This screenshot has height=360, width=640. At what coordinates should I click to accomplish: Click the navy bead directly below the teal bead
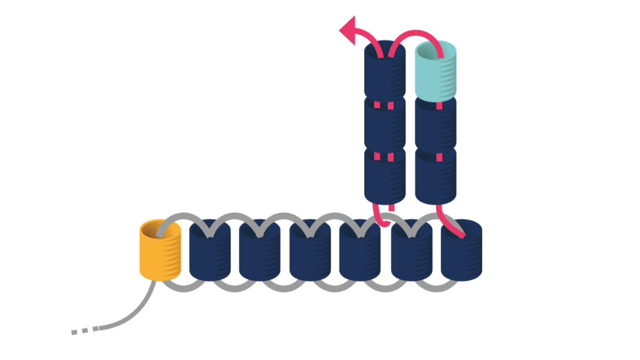pyautogui.click(x=436, y=125)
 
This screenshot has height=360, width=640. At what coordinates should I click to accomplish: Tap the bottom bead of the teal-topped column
pyautogui.click(x=436, y=179)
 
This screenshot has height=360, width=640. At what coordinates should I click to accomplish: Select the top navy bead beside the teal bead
pyautogui.click(x=385, y=72)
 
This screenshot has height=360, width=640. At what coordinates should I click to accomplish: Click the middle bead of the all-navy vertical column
pyautogui.click(x=385, y=125)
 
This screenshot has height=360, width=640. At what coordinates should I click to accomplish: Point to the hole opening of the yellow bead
pyautogui.click(x=158, y=230)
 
